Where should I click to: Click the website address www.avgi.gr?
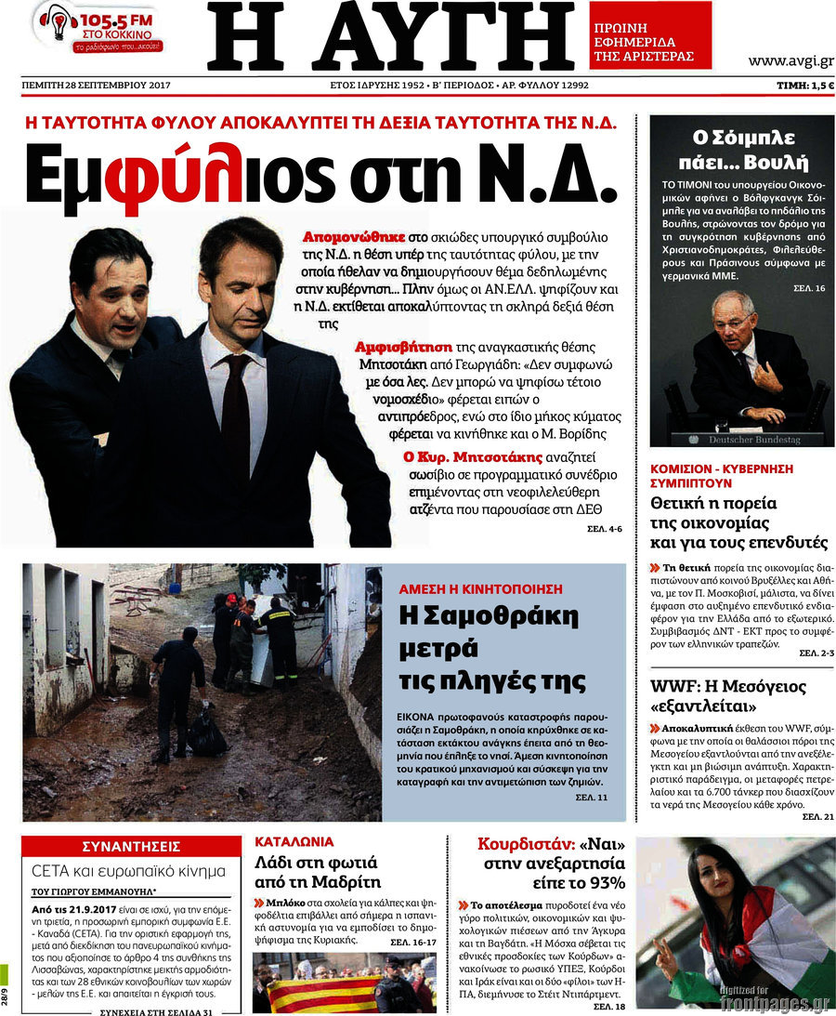coord(791,61)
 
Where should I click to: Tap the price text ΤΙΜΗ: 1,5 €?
coord(804,86)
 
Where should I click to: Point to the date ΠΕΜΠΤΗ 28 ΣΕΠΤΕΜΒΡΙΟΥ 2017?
coord(96,86)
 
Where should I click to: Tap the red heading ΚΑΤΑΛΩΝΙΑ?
coord(294,842)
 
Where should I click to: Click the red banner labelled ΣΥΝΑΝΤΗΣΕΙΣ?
coord(131,847)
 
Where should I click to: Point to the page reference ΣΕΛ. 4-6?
coord(604,529)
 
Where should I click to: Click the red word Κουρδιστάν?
coord(525,845)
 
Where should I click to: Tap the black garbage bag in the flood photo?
coord(206,734)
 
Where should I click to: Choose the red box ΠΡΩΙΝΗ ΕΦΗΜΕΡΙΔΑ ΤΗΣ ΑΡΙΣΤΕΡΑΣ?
coord(650,42)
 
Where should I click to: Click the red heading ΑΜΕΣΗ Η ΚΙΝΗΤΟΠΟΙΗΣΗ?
coord(481,588)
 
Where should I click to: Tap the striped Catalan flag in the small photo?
coord(316,994)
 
